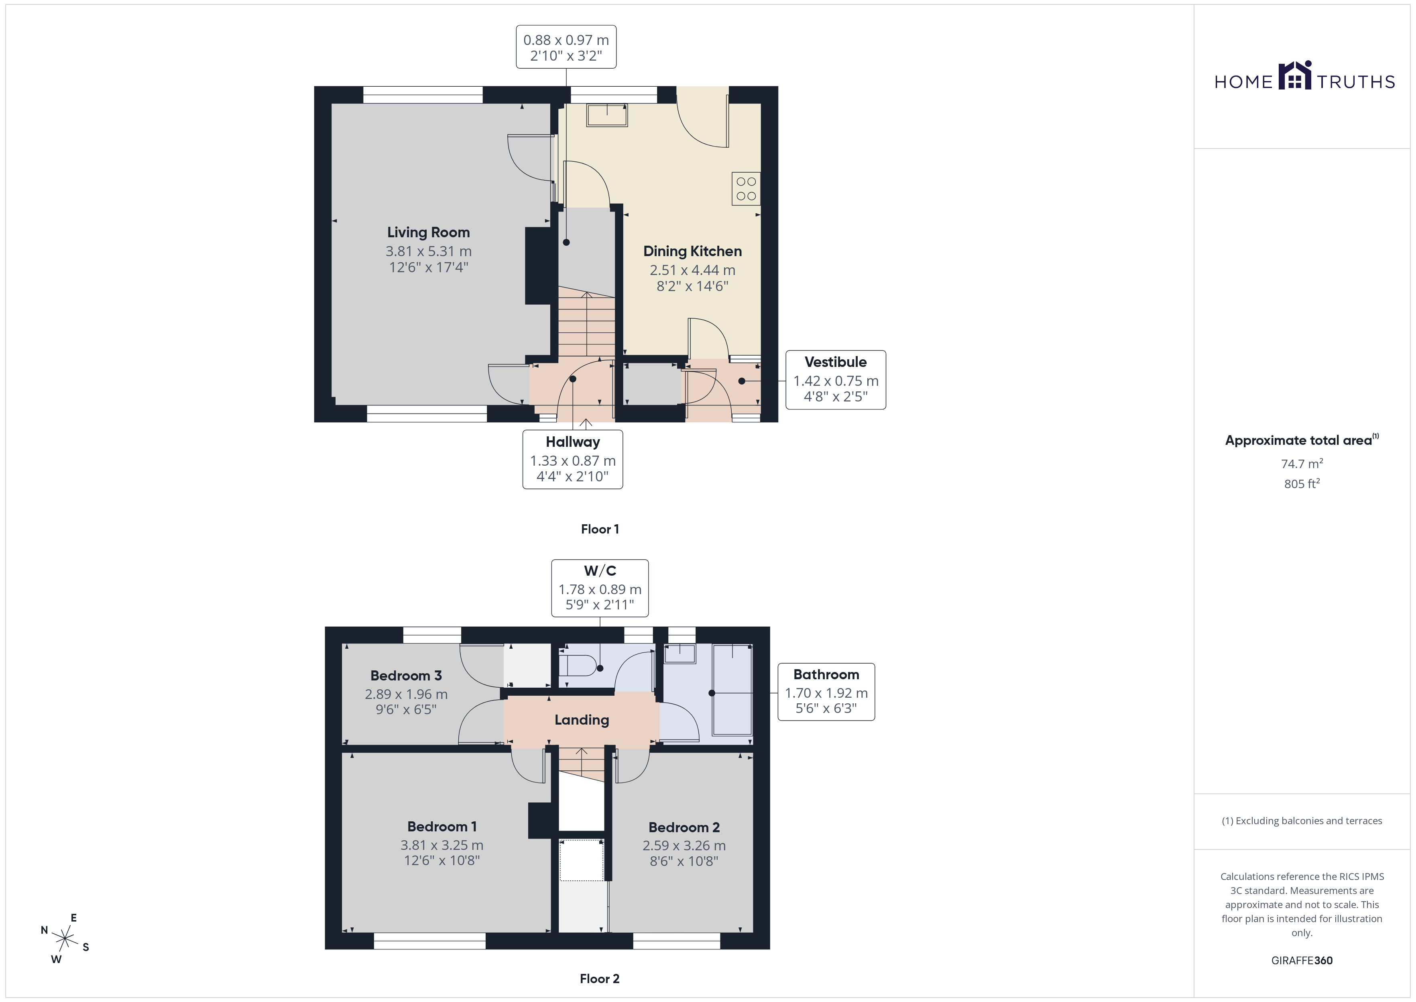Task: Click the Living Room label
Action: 428,232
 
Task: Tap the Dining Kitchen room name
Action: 692,251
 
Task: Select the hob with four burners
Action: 746,189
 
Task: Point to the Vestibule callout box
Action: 836,379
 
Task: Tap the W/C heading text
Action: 600,571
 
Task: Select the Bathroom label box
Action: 826,692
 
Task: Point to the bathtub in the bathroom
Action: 732,690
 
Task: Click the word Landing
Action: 582,720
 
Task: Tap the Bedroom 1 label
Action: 441,827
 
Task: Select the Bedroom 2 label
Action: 684,827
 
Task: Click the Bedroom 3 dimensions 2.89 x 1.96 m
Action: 406,694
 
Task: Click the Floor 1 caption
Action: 600,529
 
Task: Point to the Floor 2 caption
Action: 600,979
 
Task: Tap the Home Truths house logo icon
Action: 1294,75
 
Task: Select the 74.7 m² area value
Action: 1302,463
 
